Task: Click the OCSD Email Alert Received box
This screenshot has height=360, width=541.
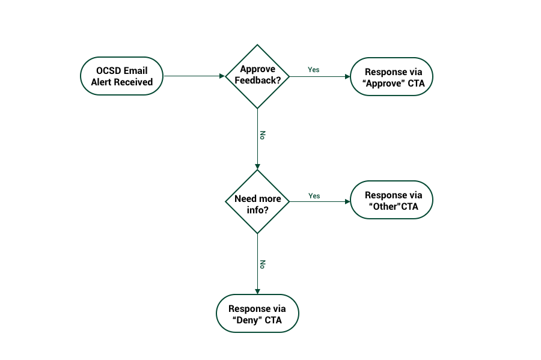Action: (121, 76)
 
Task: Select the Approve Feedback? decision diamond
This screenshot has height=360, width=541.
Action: (257, 76)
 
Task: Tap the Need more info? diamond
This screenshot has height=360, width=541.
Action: (257, 201)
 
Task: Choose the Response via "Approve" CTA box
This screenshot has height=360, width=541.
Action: (391, 76)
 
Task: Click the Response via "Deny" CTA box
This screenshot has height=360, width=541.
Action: (257, 313)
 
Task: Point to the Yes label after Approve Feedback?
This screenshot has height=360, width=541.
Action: (313, 70)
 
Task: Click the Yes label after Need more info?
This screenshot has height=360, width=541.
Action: (314, 196)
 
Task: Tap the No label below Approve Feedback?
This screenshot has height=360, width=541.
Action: (262, 135)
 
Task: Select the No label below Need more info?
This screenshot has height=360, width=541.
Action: (262, 264)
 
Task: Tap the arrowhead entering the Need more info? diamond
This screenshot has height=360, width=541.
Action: (257, 166)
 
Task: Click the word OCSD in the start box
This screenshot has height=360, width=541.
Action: (109, 70)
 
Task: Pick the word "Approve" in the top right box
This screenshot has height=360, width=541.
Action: (383, 84)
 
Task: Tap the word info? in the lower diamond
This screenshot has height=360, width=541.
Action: (257, 210)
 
